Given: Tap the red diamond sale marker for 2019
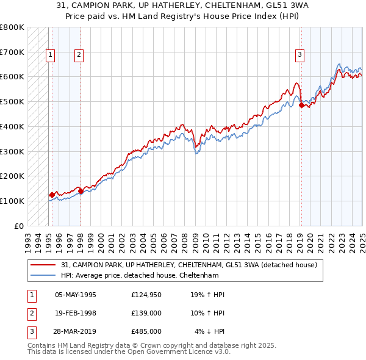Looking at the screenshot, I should pyautogui.click(x=301, y=106).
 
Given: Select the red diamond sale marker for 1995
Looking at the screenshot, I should pyautogui.click(x=52, y=195).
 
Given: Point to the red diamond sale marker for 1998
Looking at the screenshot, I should pyautogui.click(x=81, y=191).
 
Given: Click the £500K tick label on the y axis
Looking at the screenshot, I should pyautogui.click(x=12, y=101).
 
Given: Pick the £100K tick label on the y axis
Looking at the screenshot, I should pyautogui.click(x=12, y=201).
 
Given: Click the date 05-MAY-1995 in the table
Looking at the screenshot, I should pyautogui.click(x=76, y=295).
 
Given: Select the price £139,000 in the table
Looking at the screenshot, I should pyautogui.click(x=146, y=313).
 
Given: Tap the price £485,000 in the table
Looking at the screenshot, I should pyautogui.click(x=146, y=331).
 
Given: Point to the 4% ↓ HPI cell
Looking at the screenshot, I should pyautogui.click(x=210, y=331).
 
